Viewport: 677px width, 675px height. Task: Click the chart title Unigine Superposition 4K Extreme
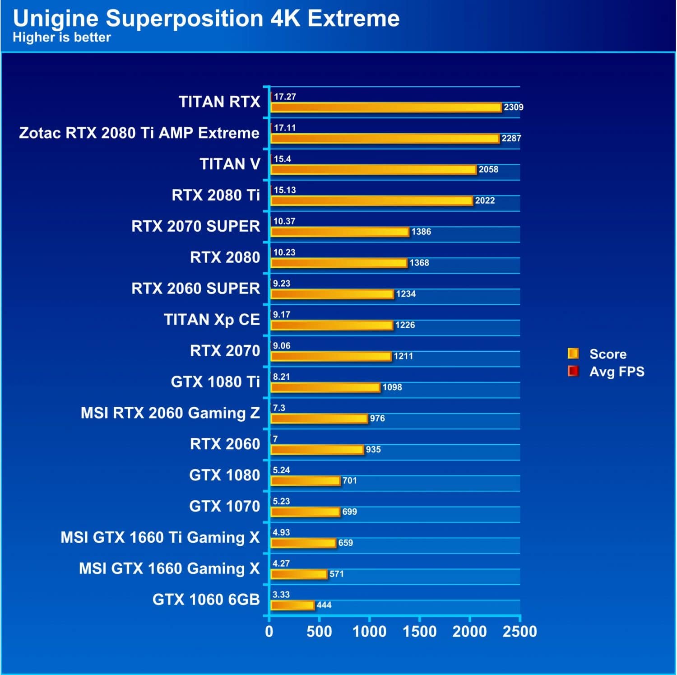click(206, 19)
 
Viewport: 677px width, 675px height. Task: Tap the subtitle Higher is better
click(62, 37)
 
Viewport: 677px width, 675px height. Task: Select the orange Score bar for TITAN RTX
click(386, 107)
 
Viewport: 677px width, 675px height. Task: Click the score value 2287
click(511, 138)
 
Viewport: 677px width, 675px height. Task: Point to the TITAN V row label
click(230, 164)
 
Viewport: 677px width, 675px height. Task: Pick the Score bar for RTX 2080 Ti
click(371, 200)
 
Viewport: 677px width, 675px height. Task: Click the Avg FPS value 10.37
click(284, 221)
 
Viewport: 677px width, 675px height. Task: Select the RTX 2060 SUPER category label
click(195, 289)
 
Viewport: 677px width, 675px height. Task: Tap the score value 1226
click(405, 325)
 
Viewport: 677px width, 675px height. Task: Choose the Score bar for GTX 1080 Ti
click(325, 387)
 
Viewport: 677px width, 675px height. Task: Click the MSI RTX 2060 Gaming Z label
click(170, 413)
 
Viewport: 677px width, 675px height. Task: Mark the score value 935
click(373, 450)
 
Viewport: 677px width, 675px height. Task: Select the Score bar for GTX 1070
click(306, 512)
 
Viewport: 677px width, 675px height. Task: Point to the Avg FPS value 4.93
click(281, 533)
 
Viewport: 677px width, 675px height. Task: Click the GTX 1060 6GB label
click(206, 600)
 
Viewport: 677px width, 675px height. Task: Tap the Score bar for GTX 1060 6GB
click(292, 605)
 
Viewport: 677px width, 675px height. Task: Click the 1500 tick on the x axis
click(419, 632)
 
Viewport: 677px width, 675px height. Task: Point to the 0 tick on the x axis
click(269, 632)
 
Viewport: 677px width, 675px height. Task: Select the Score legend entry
click(607, 354)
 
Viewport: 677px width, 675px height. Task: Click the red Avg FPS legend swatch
click(573, 371)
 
